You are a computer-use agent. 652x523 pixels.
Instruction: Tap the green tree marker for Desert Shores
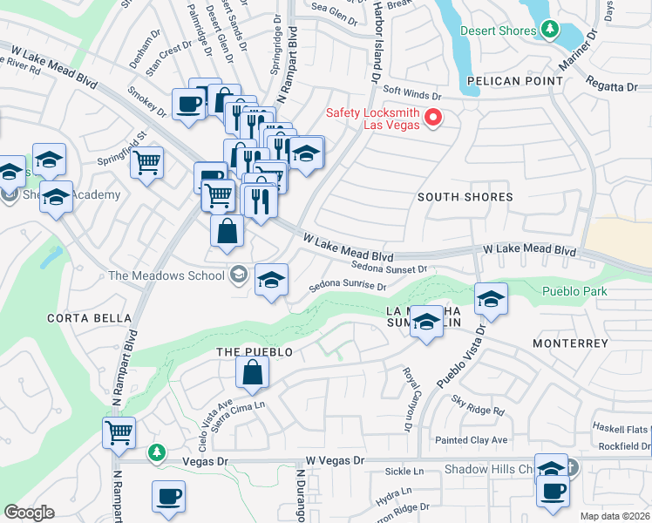(549, 31)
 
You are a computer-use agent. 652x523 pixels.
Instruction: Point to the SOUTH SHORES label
(465, 197)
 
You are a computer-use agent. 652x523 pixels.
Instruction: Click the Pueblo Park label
(574, 291)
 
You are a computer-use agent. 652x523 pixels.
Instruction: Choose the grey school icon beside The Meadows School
(237, 276)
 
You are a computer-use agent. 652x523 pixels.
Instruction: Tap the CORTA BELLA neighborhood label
(84, 318)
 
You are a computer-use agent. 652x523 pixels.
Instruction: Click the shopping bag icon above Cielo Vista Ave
(252, 373)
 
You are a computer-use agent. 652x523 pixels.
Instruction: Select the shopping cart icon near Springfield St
(147, 161)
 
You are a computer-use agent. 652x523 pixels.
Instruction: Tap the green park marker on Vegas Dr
(156, 452)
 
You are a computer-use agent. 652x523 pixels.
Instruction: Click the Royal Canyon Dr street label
(406, 399)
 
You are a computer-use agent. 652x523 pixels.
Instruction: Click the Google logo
(29, 513)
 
